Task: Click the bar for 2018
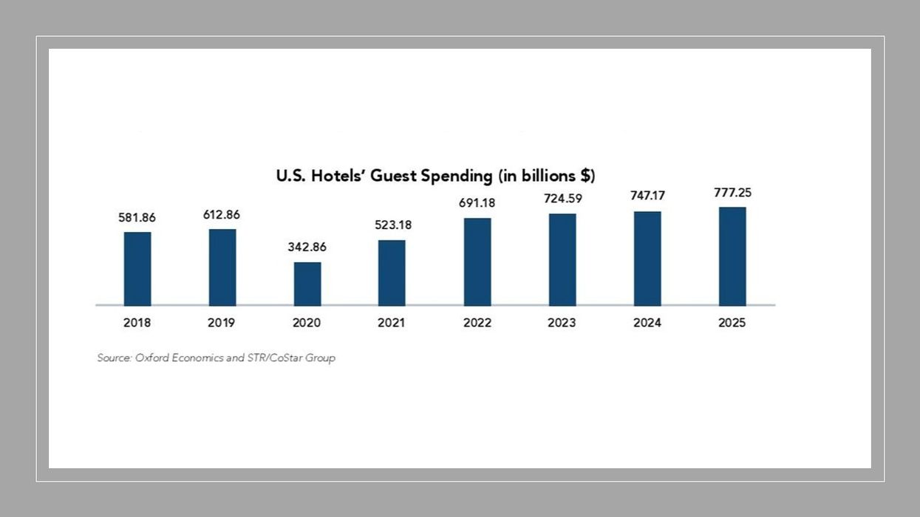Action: point(137,269)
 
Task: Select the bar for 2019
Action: point(222,267)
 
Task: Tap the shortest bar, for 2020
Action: point(307,284)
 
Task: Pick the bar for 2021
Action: point(392,273)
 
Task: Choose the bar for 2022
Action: point(477,262)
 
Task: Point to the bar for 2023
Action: point(562,260)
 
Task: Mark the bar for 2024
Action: point(647,258)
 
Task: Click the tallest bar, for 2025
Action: point(732,256)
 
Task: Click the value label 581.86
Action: point(137,218)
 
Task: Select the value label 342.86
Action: point(307,247)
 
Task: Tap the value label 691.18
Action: point(477,203)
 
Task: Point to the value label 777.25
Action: point(732,193)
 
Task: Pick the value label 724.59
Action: point(562,199)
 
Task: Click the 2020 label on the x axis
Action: point(307,323)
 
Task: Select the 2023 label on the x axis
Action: point(562,323)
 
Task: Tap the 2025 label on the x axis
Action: point(732,323)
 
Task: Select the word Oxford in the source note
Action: point(152,357)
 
